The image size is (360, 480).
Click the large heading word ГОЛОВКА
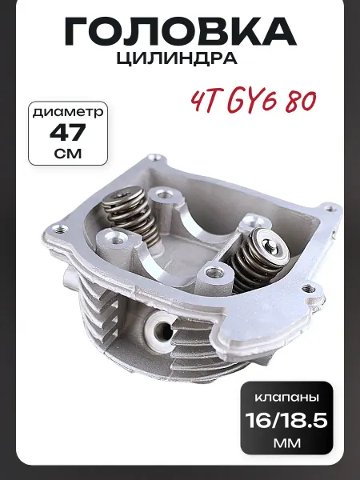tap(180, 31)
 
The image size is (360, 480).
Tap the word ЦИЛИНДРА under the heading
tap(177, 58)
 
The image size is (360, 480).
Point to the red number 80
tap(300, 102)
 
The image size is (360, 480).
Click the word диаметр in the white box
tap(68, 112)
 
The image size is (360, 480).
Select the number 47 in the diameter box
tap(68, 133)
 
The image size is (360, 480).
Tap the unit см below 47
tap(68, 153)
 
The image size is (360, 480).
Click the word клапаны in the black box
tap(287, 398)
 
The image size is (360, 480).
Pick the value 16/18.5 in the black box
tap(286, 420)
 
